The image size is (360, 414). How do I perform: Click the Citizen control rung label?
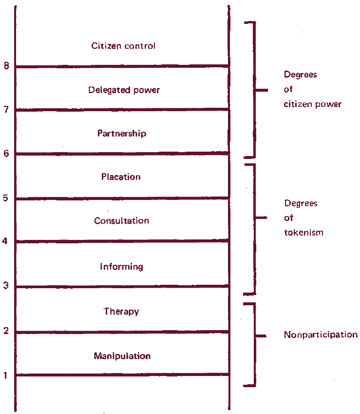[x=123, y=46]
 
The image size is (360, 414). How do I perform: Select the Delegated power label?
[x=124, y=90]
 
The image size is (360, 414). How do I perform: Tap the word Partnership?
[x=122, y=133]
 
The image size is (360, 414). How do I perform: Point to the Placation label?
[x=121, y=177]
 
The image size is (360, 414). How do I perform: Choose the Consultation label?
[x=122, y=220]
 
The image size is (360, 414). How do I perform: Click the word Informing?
[x=122, y=267]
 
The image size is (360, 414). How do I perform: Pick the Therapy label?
[x=121, y=312]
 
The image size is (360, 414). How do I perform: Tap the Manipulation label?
[x=122, y=356]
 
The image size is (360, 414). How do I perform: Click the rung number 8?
[x=7, y=65]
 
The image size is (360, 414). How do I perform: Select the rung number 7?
[x=6, y=109]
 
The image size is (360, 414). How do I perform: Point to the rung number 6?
[x=6, y=154]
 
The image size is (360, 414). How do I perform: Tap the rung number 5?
[x=6, y=198]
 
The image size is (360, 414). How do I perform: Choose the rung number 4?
[x=5, y=241]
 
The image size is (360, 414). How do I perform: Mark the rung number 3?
[x=6, y=285]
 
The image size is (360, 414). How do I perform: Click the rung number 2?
[x=6, y=331]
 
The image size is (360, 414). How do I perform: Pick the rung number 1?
[x=5, y=375]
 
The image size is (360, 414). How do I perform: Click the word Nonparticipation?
[x=321, y=335]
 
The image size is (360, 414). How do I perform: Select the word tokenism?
[x=304, y=232]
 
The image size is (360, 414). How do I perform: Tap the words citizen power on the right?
[x=313, y=104]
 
